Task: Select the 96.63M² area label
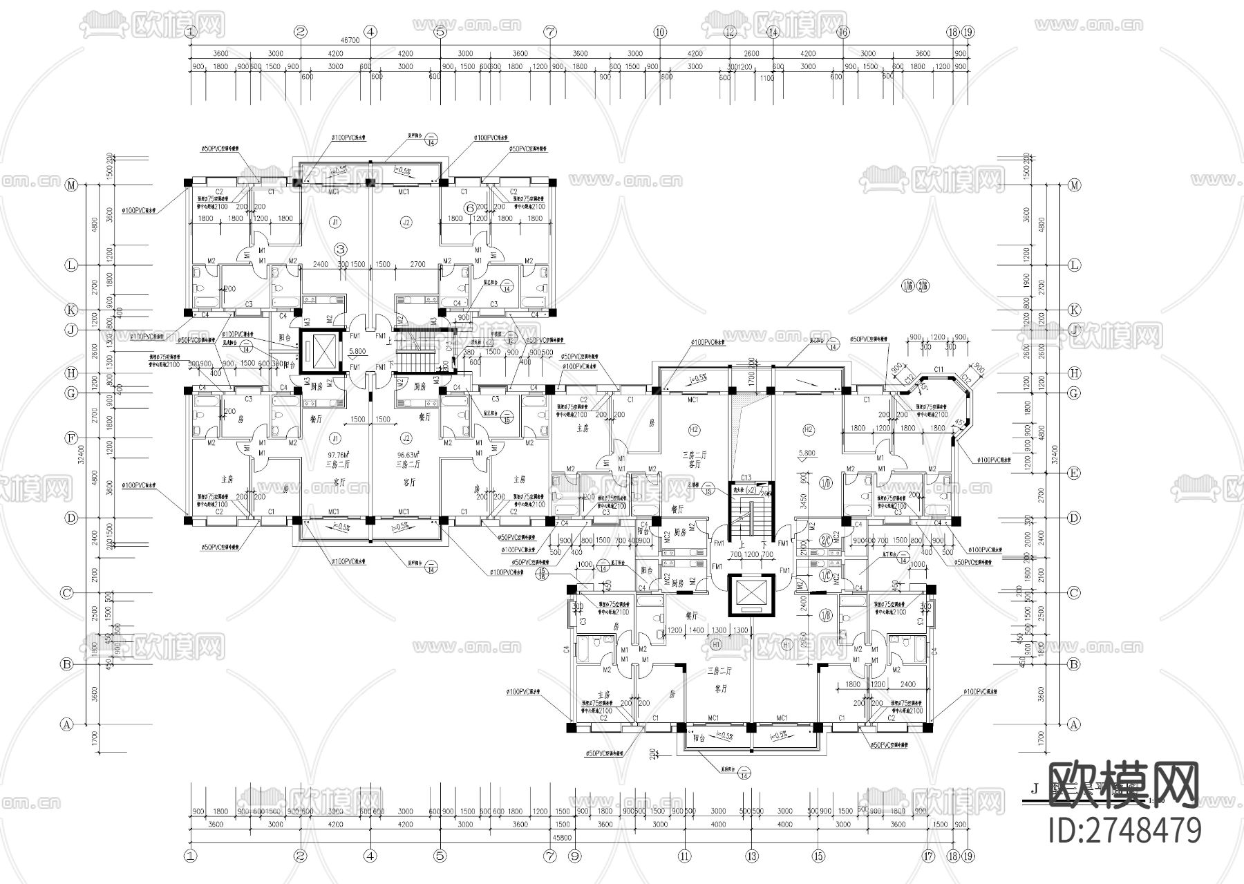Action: point(405,455)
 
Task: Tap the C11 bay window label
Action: point(938,370)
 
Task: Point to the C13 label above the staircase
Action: point(746,478)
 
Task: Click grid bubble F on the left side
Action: point(70,438)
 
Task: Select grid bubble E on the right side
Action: point(1074,473)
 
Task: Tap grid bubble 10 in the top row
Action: point(659,32)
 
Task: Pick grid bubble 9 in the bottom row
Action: point(574,856)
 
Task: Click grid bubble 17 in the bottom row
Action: point(929,856)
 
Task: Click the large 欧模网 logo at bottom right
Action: point(1124,784)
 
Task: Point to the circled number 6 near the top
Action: point(469,207)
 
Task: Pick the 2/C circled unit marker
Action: point(825,540)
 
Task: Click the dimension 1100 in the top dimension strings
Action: point(766,79)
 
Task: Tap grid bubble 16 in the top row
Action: point(842,32)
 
